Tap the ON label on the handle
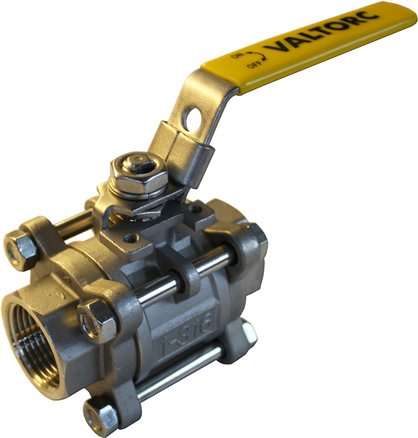pyautogui.click(x=237, y=55)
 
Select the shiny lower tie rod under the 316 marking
pyautogui.click(x=179, y=371)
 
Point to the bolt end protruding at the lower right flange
pyautogui.click(x=248, y=333)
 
